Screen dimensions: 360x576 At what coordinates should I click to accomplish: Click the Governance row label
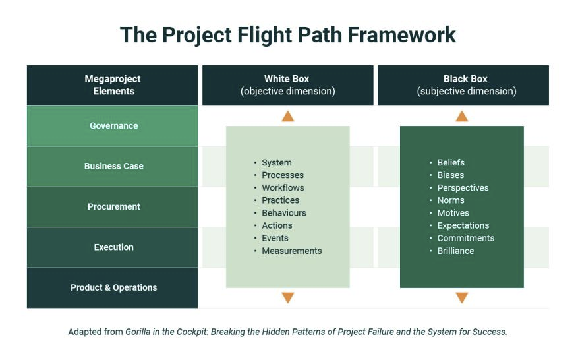113,126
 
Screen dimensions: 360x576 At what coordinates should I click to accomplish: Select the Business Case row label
113,167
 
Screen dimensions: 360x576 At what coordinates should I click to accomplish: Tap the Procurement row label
113,207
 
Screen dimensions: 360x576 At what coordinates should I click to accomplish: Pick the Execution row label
113,247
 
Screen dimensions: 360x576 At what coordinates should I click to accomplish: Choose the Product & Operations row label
113,288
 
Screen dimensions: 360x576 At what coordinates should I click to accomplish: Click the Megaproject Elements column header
113,85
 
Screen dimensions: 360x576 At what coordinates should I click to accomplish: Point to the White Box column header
288,85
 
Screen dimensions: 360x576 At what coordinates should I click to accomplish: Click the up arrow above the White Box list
288,117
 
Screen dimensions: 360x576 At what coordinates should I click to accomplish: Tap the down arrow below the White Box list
288,298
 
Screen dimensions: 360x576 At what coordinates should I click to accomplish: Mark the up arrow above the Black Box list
462,117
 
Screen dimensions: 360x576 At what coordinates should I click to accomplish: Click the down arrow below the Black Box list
462,298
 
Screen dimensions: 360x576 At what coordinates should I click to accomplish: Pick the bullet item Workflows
283,188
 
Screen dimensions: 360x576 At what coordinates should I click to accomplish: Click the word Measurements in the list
291,251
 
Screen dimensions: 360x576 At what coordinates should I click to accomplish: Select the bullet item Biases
450,175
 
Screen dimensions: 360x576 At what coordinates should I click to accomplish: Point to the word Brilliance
455,251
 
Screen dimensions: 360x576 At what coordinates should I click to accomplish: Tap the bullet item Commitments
465,239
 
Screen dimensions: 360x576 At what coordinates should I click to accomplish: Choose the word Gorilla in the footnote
139,332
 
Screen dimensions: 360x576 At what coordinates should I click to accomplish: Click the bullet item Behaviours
283,213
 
